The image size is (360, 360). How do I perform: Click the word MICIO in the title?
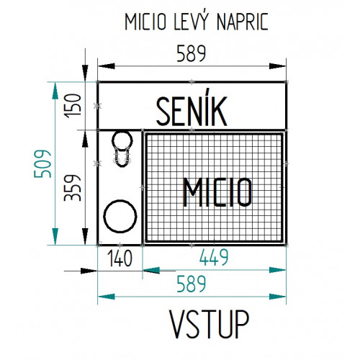point(145,22)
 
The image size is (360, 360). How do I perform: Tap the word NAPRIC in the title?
point(242,22)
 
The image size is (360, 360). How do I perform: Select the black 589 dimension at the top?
point(192,53)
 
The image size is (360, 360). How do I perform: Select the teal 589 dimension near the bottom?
point(192,284)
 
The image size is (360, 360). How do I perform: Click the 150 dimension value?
point(73,106)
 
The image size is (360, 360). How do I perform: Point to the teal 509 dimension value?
point(42,164)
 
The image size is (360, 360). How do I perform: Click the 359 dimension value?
point(73,188)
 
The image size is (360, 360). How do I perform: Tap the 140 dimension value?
point(120,258)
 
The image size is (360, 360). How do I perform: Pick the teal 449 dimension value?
point(214,257)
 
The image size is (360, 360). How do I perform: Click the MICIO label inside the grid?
point(217,192)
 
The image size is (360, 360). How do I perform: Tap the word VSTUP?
point(210,324)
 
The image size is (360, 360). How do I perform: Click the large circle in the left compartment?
point(120,200)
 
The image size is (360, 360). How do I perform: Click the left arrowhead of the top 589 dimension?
point(107,66)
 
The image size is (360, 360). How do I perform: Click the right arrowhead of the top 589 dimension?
point(277,66)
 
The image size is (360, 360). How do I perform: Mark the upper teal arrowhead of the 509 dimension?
point(55,91)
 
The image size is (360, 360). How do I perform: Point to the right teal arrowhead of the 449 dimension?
point(277,270)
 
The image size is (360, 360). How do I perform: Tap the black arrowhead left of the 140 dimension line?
point(89,271)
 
